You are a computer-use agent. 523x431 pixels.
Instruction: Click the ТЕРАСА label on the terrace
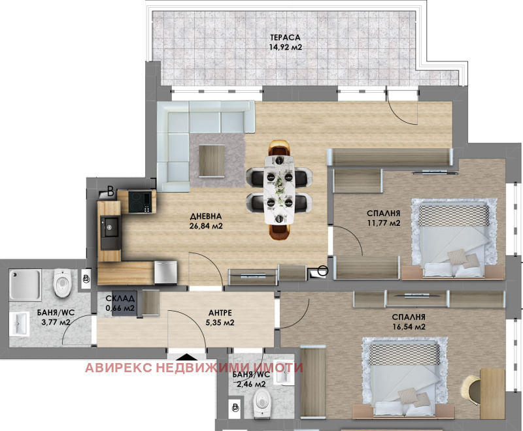(285, 37)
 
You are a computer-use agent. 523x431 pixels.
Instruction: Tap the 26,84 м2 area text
(206, 226)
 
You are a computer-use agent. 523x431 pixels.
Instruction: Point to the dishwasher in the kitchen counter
(165, 272)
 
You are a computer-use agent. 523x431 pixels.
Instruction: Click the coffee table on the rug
(211, 161)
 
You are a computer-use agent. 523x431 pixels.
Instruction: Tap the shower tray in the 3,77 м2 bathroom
(25, 285)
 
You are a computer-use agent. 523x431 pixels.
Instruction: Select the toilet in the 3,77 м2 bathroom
(62, 283)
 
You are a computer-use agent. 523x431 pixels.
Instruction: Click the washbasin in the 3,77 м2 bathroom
(20, 324)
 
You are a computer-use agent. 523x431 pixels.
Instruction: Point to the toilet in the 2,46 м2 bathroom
(261, 404)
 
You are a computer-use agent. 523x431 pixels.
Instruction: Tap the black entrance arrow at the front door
(186, 357)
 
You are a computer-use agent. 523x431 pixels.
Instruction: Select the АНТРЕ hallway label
(220, 313)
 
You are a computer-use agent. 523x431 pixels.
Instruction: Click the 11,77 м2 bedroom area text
(384, 223)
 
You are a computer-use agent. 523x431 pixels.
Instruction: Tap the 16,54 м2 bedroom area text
(409, 327)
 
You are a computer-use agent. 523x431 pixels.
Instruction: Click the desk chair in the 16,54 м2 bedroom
(471, 390)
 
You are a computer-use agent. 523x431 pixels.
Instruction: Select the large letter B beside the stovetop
(110, 191)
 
